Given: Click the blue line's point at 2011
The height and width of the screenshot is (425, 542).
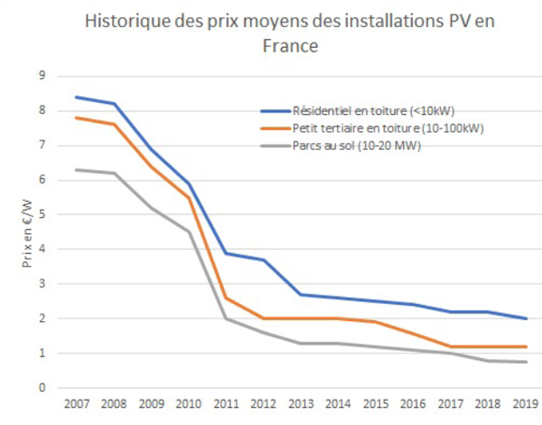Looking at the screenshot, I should (x=227, y=253).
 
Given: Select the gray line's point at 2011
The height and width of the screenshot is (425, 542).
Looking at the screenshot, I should (x=227, y=318).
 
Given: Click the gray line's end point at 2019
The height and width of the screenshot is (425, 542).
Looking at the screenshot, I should (x=526, y=362).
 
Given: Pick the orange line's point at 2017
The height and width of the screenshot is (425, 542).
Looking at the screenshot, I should (x=451, y=346).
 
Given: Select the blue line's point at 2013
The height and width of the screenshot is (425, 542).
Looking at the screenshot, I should (x=302, y=295).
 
